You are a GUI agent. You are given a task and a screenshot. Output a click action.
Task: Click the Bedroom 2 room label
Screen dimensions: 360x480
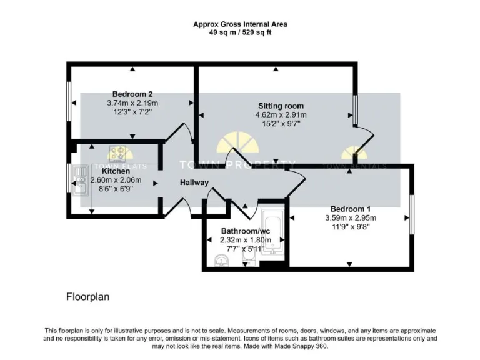[132, 94]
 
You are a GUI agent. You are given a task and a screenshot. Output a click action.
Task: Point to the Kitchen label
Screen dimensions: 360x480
[116, 171]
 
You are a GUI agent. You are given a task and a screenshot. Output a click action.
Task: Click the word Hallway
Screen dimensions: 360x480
[194, 182]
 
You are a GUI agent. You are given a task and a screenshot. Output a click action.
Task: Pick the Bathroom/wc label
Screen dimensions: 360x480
[246, 231]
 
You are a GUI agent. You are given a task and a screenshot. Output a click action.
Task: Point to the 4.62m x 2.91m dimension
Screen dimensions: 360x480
[281, 115]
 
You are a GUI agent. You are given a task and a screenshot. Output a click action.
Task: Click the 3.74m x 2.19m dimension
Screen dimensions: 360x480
[132, 103]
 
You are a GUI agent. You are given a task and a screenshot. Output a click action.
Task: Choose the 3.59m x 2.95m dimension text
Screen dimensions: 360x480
[350, 218]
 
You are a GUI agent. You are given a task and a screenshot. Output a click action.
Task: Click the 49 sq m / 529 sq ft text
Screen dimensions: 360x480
[240, 32]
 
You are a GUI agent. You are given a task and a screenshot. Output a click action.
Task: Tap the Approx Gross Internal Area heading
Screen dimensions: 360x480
[240, 24]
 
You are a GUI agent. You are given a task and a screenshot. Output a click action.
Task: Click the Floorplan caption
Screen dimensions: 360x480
[87, 297]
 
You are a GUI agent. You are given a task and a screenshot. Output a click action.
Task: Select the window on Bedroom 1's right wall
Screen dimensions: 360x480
[411, 215]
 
